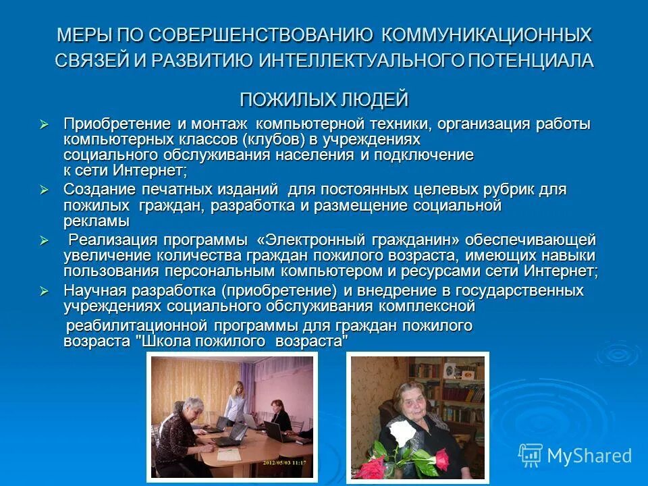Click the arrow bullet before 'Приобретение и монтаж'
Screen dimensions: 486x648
45,124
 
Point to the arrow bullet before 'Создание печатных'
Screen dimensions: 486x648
45,190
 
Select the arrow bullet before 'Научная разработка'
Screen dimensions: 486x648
45,291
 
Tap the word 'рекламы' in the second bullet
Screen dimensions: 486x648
96,221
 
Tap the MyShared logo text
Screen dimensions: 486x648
589,456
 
